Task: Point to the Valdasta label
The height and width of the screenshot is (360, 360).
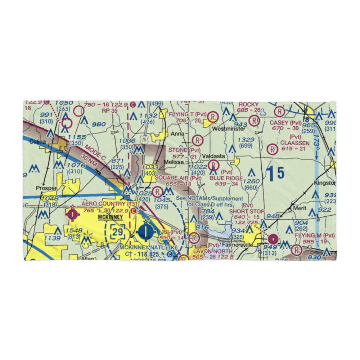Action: [213, 156]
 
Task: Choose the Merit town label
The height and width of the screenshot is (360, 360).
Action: [300, 208]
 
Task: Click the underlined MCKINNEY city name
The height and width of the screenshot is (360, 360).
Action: [111, 217]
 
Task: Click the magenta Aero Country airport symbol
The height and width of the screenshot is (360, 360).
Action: [73, 215]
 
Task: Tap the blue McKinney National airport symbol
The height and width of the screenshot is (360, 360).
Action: [146, 231]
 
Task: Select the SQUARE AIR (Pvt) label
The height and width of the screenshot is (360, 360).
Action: [178, 178]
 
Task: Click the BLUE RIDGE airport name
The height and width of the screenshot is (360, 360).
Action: [226, 178]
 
